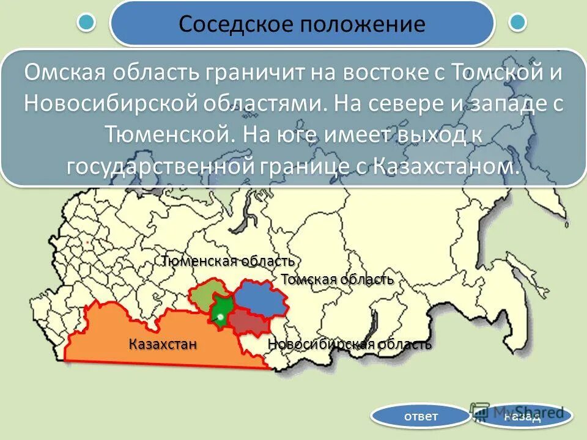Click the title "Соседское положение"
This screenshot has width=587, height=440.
point(301,24)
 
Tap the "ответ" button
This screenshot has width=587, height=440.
point(421,417)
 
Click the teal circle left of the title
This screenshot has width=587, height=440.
point(87,23)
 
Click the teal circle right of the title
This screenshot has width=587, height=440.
point(518,23)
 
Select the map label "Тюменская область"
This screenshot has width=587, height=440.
point(229,261)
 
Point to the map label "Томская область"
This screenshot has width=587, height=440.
point(337,279)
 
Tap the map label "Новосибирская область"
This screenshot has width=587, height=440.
point(350,344)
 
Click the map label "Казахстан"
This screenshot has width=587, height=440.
point(163,343)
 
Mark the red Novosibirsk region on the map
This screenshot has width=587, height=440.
point(248,321)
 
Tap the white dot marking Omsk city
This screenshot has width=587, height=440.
point(220,316)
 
